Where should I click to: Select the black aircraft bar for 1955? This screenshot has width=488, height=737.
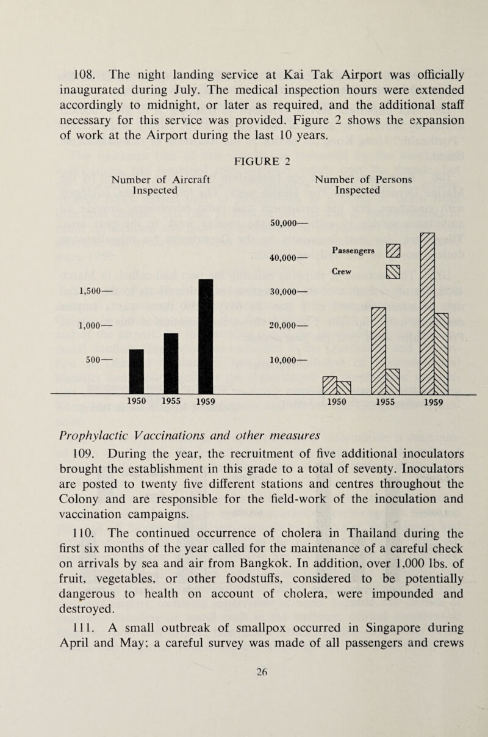tap(171, 364)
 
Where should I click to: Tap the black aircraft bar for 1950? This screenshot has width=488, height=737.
tap(136, 372)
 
